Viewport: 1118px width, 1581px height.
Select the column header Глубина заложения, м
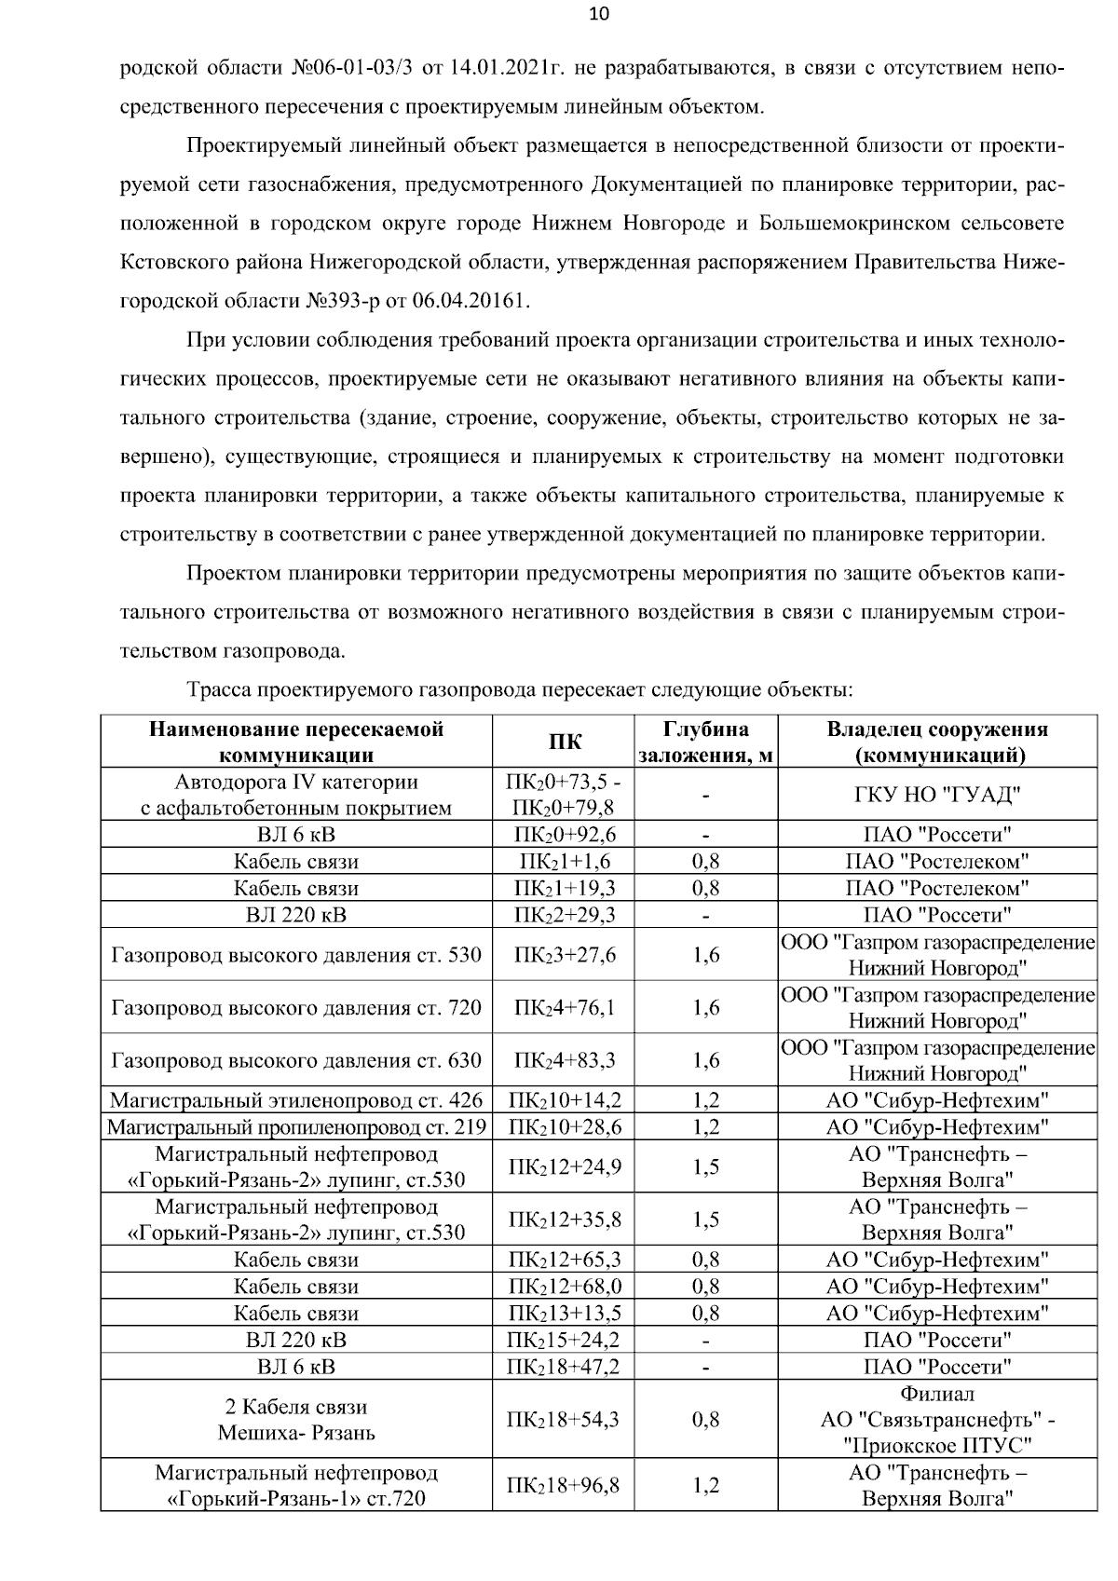[705, 742]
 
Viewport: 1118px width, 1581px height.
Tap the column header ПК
[564, 742]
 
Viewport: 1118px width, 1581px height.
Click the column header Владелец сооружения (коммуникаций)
[937, 742]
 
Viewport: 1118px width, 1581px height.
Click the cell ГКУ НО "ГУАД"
[937, 795]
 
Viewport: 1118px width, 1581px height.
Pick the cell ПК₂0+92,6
[564, 835]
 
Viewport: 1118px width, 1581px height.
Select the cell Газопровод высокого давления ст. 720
[296, 1007]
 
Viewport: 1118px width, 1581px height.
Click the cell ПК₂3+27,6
[564, 955]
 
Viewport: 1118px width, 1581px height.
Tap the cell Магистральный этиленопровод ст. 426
[296, 1100]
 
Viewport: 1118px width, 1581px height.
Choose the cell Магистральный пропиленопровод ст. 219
[296, 1127]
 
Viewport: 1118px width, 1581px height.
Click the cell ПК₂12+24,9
[564, 1167]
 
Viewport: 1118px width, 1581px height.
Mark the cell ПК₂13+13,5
[564, 1314]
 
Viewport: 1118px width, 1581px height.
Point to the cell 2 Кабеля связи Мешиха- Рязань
[296, 1420]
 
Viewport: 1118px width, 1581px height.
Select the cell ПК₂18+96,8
[564, 1485]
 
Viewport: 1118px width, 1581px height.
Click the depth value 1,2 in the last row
[705, 1485]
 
